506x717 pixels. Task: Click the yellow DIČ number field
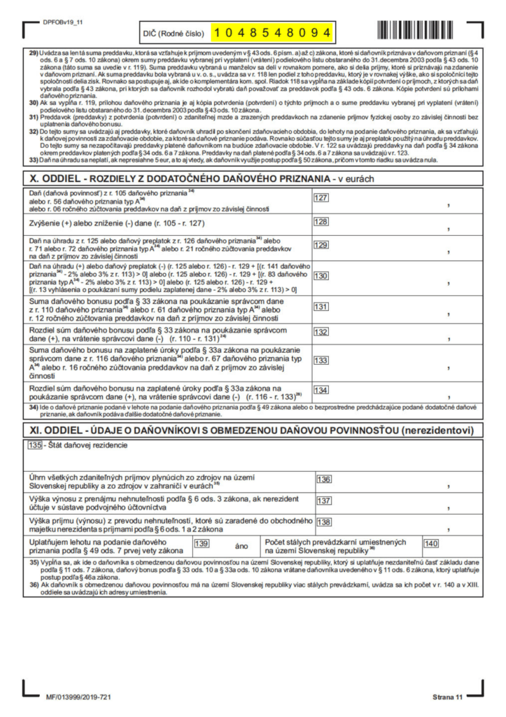(272, 32)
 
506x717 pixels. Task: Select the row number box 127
(321, 198)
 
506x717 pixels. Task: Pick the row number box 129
(321, 244)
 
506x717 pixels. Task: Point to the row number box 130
(321, 275)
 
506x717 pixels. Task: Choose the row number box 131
(321, 306)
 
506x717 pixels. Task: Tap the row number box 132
(321, 331)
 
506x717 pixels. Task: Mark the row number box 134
(321, 390)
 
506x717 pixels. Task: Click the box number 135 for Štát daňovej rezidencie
(34, 445)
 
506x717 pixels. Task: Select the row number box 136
(324, 479)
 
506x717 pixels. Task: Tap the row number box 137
(324, 501)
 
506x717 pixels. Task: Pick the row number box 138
(324, 522)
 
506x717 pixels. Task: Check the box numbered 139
(202, 543)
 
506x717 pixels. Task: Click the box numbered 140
(431, 543)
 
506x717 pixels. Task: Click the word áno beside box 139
(242, 545)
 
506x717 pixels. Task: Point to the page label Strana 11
(447, 697)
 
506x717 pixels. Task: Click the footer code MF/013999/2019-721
(78, 697)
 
